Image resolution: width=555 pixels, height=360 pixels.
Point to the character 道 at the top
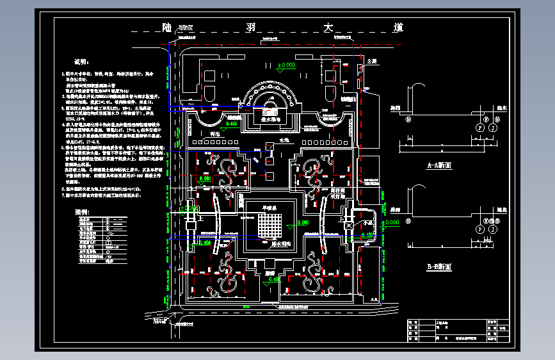coord(398,28)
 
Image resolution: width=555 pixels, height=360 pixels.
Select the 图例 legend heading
coord(83,211)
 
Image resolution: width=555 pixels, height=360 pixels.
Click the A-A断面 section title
coord(439,165)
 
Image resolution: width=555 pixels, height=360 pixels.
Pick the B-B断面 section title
coord(439,266)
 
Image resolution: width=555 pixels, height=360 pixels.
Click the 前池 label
coord(206,133)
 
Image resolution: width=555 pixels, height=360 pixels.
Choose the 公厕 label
coord(373,61)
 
